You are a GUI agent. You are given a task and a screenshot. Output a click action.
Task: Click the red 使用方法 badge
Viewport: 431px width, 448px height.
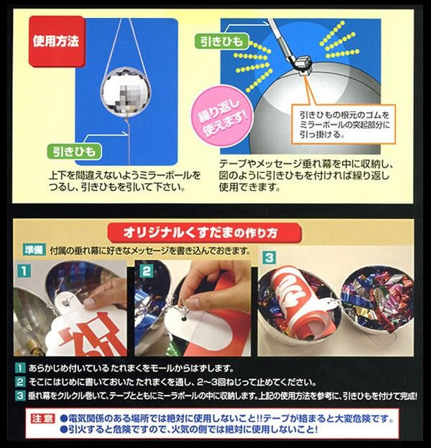point(57,42)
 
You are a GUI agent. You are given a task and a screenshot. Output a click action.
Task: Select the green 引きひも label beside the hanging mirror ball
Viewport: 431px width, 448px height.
point(75,151)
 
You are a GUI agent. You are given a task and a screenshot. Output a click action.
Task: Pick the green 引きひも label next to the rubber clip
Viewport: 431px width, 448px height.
point(221,42)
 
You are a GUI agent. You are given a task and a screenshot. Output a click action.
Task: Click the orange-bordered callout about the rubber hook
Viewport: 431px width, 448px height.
point(343,124)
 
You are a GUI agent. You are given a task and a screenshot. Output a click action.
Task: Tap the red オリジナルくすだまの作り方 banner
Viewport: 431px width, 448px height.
point(205,233)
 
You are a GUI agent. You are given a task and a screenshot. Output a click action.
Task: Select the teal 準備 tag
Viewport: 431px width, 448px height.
point(34,251)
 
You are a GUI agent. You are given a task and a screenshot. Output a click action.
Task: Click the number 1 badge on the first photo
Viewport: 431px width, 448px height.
point(24,270)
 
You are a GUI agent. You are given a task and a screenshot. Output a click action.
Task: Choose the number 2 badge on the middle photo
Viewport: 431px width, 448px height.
point(147,270)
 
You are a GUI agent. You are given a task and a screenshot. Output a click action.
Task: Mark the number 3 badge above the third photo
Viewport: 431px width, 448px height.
point(269,258)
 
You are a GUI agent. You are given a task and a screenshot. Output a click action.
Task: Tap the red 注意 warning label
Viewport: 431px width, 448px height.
point(42,419)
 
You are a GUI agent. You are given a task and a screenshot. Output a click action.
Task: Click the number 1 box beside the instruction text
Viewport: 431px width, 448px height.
point(19,368)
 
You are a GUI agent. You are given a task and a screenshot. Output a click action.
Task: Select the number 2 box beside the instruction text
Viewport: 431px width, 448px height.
point(19,382)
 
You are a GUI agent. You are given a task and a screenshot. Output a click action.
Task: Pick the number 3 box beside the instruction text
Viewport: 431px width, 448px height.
point(19,396)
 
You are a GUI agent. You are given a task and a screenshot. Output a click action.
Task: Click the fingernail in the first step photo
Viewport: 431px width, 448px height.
point(90,303)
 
